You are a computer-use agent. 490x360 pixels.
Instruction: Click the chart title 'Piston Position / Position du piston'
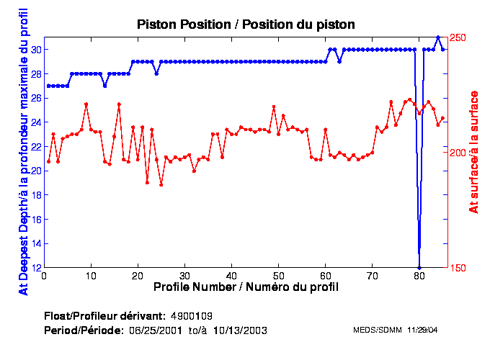(x=246, y=24)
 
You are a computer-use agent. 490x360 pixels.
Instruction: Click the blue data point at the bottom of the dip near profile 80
(x=419, y=267)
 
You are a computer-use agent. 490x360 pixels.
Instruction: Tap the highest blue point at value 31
(x=437, y=37)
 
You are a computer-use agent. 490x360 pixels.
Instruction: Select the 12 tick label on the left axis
(x=35, y=267)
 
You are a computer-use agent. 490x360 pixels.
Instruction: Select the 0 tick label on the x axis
(x=45, y=276)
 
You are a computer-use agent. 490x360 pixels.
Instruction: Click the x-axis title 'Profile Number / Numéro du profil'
(x=246, y=287)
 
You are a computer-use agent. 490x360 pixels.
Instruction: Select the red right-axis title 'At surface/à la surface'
(x=474, y=152)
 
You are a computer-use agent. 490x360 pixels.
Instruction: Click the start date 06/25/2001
(x=158, y=330)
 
